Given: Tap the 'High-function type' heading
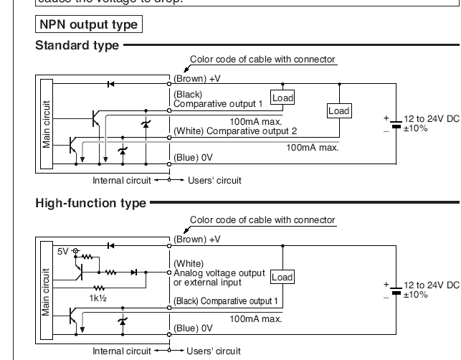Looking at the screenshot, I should click(x=90, y=204).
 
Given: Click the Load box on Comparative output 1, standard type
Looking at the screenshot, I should click(x=282, y=99).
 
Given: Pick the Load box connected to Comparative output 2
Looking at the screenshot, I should click(x=339, y=110).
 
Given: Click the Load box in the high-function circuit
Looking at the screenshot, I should click(x=282, y=277).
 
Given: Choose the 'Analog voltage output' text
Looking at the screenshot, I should click(x=215, y=273).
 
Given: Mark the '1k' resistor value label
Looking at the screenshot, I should click(x=98, y=296).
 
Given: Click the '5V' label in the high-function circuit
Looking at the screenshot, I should click(x=62, y=252).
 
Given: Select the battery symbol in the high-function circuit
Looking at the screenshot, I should click(x=395, y=290).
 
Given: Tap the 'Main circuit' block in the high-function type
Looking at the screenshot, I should click(x=47, y=292).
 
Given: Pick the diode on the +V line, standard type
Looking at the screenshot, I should click(x=110, y=84).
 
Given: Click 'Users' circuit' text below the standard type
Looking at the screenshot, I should click(x=214, y=180).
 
